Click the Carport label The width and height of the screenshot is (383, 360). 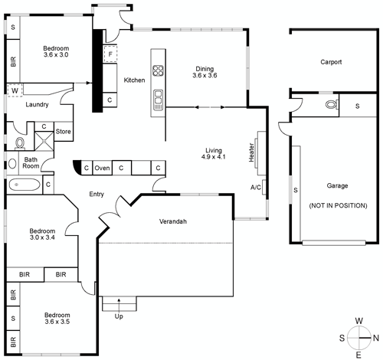[331, 62]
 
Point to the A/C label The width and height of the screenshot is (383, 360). [256, 186]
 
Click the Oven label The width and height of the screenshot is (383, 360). [102, 168]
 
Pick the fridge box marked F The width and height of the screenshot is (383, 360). [110, 54]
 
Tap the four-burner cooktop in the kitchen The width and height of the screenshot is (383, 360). [159, 72]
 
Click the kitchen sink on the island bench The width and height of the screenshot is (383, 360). [159, 97]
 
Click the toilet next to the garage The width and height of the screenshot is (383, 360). [330, 105]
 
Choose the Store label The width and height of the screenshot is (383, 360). [63, 131]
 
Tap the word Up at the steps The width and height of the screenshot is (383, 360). [118, 316]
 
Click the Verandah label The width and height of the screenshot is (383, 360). [173, 221]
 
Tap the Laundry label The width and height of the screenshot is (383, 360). [38, 105]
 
